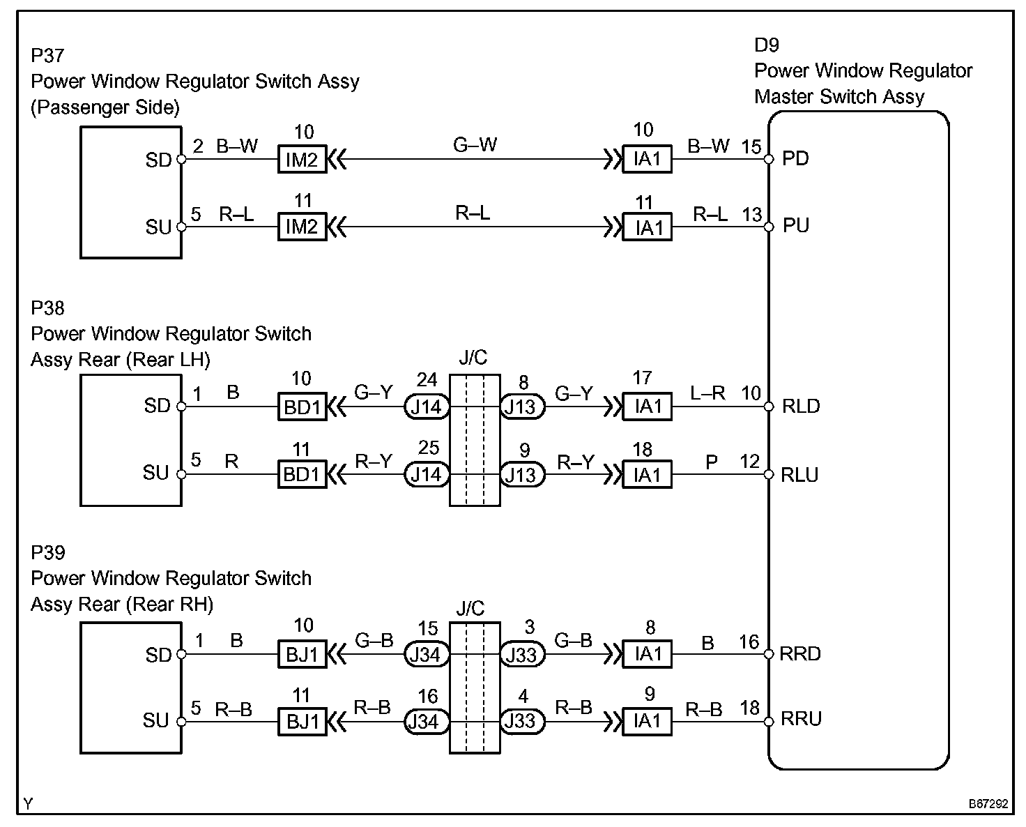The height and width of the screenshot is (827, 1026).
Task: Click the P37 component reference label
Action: point(48,55)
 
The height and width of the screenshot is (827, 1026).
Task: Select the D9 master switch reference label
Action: point(767,45)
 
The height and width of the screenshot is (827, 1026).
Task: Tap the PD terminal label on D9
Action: point(795,159)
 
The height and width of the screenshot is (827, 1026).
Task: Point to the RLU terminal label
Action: point(800,475)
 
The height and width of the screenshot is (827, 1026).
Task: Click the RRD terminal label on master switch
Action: point(801,654)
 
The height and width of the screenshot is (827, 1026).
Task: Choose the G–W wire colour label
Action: point(475,145)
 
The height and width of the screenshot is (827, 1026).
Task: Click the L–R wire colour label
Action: point(707,393)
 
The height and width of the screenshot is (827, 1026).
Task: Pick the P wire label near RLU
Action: point(712,462)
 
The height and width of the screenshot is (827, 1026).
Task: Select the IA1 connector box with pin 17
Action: point(647,407)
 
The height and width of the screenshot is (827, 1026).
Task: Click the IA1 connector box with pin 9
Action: point(647,721)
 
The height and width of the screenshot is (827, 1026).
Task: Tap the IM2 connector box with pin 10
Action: point(302,160)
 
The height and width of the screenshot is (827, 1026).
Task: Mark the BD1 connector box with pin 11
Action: point(302,475)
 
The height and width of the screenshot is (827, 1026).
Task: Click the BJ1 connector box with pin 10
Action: point(302,654)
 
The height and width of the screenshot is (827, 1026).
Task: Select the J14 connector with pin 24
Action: point(426,407)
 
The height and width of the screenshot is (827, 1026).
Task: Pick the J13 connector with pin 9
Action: point(521,475)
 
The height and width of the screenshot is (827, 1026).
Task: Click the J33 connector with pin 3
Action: point(521,654)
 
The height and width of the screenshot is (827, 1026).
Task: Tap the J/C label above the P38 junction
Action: point(473,358)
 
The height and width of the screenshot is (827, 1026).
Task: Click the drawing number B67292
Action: point(987,804)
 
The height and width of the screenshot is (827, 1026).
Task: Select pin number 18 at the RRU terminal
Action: point(749,708)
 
